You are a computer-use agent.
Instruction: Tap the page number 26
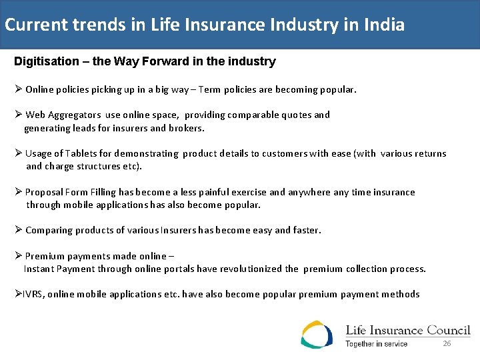[447, 343]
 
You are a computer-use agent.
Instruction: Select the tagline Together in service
[376, 344]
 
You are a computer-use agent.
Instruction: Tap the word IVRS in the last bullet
[33, 294]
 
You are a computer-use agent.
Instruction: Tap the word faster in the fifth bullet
[306, 230]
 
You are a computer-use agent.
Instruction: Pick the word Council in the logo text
[447, 330]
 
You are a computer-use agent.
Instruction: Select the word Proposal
[43, 192]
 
